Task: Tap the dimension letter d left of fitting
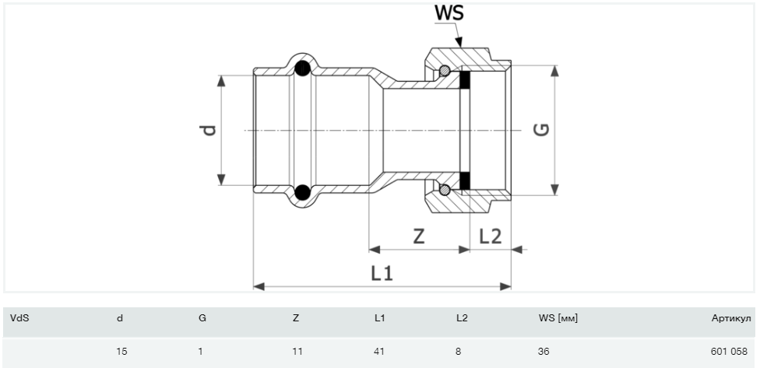point(208,130)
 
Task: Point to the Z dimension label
point(419,237)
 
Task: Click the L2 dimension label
point(490,237)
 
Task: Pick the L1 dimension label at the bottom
point(381,273)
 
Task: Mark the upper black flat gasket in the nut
point(465,79)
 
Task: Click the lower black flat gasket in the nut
point(465,180)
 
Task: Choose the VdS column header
point(18,317)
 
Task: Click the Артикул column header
point(730,317)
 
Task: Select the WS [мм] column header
point(558,317)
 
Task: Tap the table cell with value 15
point(121,352)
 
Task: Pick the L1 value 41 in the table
point(379,352)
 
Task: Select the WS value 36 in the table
point(544,352)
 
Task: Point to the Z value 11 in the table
point(297,352)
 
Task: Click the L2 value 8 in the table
point(458,352)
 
